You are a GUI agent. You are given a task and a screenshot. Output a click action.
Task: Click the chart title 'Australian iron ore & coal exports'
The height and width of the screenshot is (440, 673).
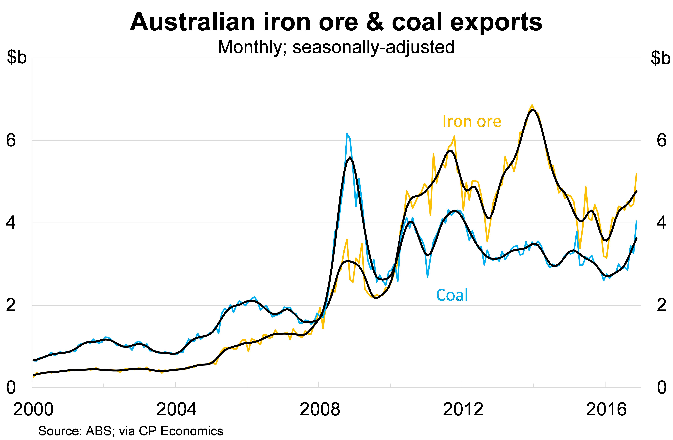pos(336,22)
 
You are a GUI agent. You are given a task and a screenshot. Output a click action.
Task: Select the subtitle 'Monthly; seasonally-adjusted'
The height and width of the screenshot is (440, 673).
pos(336,47)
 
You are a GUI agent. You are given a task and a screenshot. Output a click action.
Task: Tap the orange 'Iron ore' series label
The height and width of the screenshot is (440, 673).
pos(472,122)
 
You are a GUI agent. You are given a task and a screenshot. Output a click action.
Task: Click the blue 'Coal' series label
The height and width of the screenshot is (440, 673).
pos(452,295)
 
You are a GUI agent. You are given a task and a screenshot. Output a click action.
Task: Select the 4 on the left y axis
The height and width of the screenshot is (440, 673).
pos(11,223)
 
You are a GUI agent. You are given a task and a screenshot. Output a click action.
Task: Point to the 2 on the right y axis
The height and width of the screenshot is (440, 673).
pos(662,305)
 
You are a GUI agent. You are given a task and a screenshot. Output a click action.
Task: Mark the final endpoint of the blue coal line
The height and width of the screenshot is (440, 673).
pos(636,221)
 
